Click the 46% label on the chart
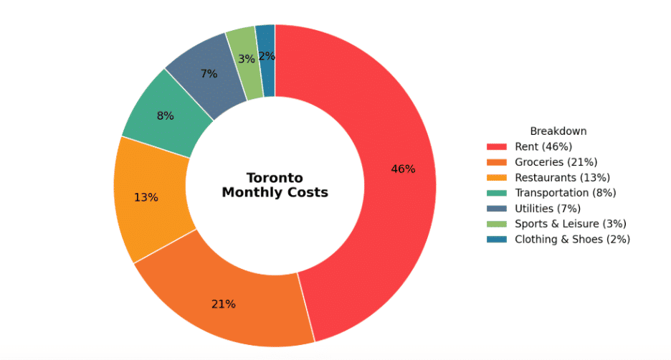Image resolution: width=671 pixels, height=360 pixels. pos(403,169)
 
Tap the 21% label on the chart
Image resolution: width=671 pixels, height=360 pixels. pos(224,304)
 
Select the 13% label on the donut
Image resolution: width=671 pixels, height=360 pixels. pos(146,197)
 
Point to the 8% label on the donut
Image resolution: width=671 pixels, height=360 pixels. pos(165,115)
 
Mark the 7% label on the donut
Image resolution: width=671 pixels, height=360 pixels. pos(209,74)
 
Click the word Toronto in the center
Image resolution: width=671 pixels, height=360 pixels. pos(275,178)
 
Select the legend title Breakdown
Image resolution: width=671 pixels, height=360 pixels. pos(558,131)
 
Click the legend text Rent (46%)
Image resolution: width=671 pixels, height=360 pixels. pos(543,146)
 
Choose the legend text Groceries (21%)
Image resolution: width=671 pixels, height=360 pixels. pos(556,162)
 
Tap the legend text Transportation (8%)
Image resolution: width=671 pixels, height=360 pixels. pos(566,193)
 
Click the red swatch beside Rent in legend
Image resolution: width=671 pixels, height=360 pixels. pos(496,147)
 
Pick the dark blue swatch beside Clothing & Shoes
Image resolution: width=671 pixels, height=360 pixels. pos(496,240)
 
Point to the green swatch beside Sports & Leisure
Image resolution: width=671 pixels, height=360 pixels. pos(496,224)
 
